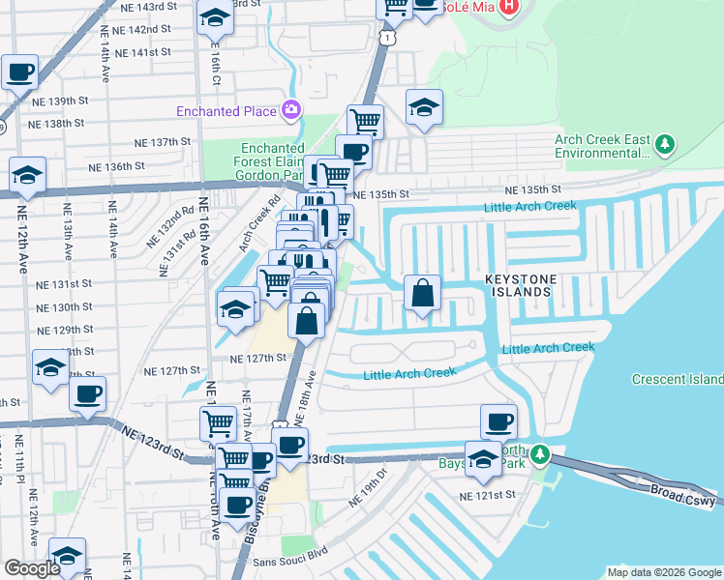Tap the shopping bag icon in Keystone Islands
[x=422, y=293]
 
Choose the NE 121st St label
[x=488, y=496]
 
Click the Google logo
[x=32, y=568]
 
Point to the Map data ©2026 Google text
[x=662, y=572]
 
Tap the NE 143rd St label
[x=145, y=7]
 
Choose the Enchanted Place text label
[x=226, y=111]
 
